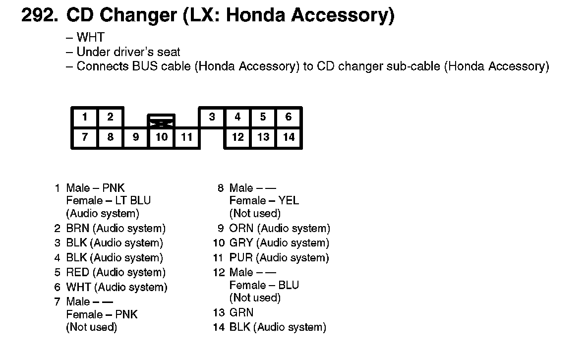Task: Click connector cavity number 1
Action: click(85, 117)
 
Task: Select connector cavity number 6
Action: click(289, 117)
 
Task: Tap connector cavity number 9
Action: click(136, 137)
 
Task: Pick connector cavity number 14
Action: click(289, 137)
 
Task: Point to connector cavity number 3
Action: click(212, 117)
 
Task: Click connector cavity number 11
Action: click(186, 137)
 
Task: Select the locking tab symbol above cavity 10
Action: click(161, 120)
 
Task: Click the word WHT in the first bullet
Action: click(90, 37)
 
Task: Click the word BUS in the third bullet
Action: click(145, 66)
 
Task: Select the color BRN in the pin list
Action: click(77, 228)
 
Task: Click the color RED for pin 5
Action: click(77, 272)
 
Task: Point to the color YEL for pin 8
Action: click(289, 200)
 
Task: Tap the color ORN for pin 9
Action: click(241, 228)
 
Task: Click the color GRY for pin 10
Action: click(241, 243)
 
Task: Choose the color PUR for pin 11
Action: click(241, 258)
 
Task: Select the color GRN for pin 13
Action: click(241, 312)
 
